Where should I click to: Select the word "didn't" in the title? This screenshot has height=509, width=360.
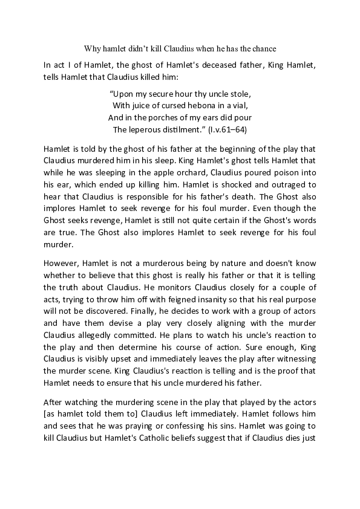(x=145, y=47)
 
